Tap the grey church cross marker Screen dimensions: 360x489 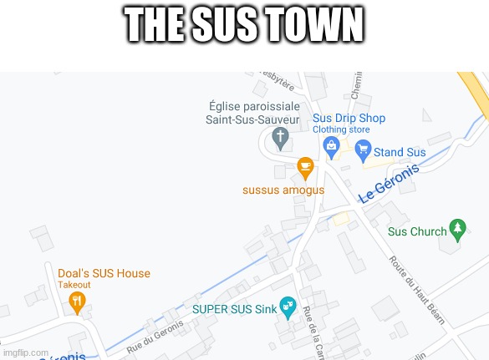point(282,135)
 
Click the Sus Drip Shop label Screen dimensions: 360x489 point(349,118)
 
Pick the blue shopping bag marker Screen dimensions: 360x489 point(332,147)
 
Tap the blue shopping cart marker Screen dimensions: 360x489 point(363,150)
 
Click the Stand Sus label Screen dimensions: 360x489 point(400,152)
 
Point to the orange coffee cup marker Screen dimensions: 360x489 point(306,166)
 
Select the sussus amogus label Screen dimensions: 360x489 point(283,190)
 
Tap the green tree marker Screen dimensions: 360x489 point(457,227)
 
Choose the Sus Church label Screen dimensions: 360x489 point(418,231)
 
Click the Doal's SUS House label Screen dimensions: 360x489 point(104,273)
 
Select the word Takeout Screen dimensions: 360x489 point(74,285)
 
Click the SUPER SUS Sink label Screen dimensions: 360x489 point(234,308)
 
